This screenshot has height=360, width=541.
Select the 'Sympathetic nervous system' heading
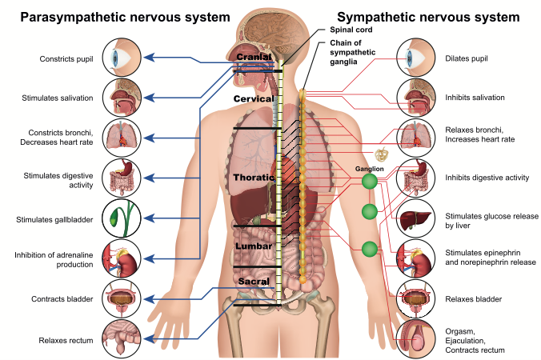coord(428,17)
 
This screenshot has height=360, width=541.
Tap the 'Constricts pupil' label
coord(66,58)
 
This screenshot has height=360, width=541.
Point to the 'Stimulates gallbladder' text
coord(55,219)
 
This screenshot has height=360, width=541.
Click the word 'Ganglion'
coord(369,169)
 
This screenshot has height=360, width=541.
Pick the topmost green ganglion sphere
coord(370,182)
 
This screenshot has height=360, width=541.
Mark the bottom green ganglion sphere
coord(369,249)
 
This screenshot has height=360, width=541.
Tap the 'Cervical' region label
coord(254,98)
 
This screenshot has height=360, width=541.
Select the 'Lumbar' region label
coord(254,246)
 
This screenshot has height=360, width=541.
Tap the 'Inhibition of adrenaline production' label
coord(54,261)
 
